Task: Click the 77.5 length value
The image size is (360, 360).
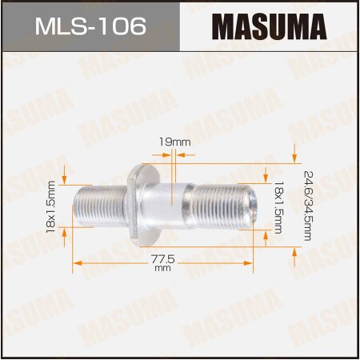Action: pos(162,260)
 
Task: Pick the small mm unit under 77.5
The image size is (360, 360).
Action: pos(162,270)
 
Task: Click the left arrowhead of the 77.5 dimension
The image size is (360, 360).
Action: pos(78,261)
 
